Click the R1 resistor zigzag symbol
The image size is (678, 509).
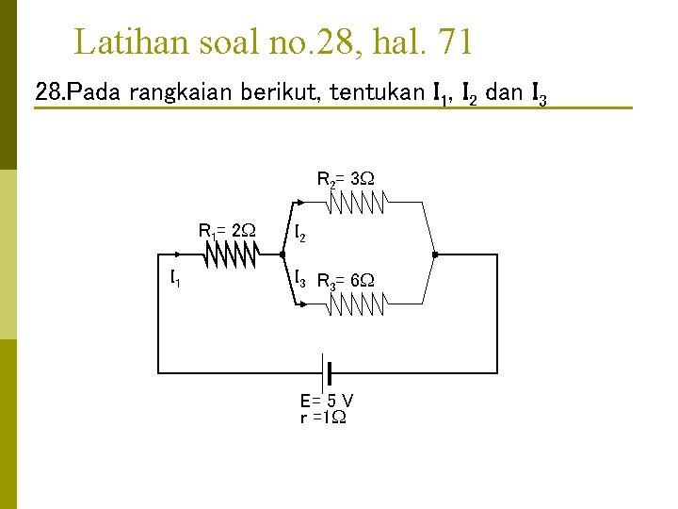click(232, 254)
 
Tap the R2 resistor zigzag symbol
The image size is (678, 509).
click(358, 202)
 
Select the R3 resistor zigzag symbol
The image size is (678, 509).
click(358, 304)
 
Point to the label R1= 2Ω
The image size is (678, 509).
click(227, 229)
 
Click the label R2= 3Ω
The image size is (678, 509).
click(346, 178)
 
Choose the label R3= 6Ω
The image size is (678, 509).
click(346, 281)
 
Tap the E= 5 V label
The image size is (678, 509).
click(327, 400)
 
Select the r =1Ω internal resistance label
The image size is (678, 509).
click(322, 417)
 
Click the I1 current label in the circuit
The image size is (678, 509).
click(176, 278)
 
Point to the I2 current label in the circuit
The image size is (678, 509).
click(299, 233)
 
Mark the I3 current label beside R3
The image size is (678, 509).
click(299, 279)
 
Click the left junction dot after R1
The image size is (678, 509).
click(282, 254)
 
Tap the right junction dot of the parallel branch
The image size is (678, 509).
click(434, 254)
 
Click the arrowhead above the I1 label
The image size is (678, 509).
click(175, 254)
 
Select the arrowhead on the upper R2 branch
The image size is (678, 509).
click(299, 202)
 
